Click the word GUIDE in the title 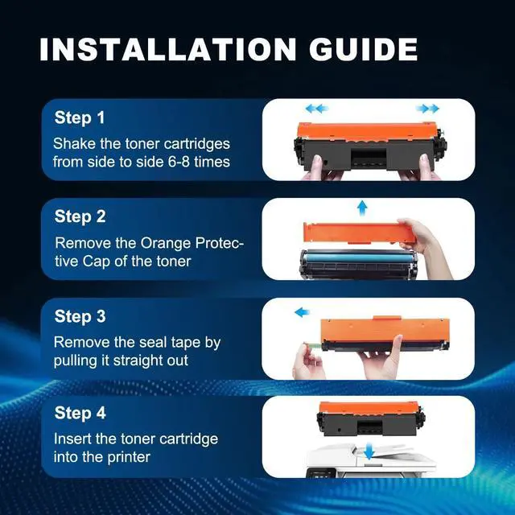[x=363, y=49]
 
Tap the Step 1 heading [x=80, y=118]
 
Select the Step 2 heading [x=80, y=216]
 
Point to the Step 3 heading [x=80, y=316]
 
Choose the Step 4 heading [x=80, y=413]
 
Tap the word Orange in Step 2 [x=166, y=244]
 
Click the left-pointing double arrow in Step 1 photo [x=317, y=109]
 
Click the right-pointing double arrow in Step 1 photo [x=427, y=109]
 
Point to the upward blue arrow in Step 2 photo [x=362, y=208]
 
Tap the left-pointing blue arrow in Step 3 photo [x=303, y=312]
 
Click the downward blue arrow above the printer [x=369, y=451]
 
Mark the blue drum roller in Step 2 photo [x=358, y=257]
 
